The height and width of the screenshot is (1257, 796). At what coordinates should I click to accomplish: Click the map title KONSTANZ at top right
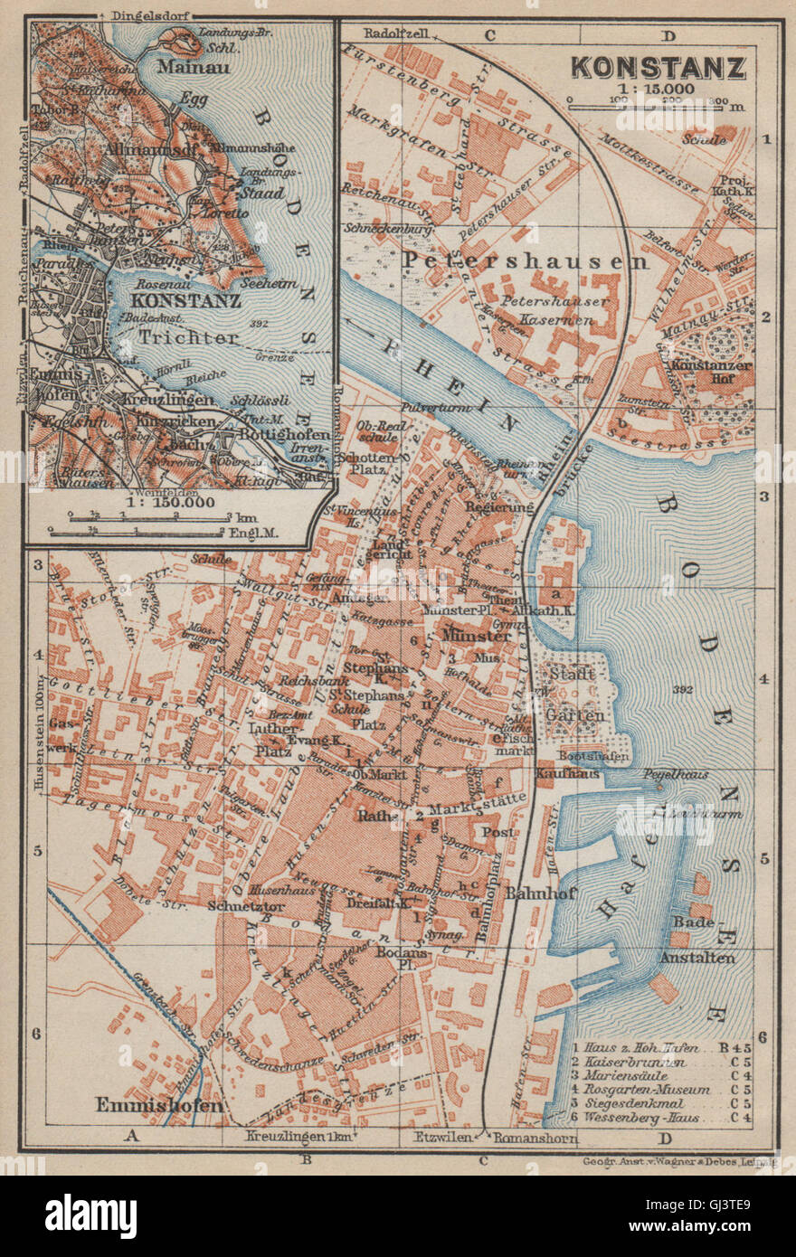pos(659,68)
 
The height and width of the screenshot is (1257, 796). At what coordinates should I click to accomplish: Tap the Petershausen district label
pos(525,261)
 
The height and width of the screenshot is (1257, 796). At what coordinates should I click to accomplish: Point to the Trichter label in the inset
pos(190,337)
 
